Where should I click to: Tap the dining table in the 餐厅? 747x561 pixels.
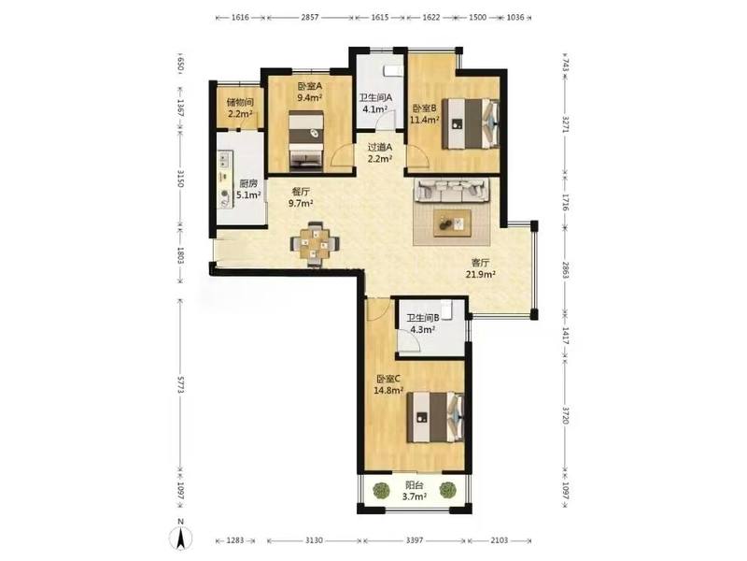[x=315, y=243]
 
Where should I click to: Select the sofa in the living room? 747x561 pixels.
[x=452, y=190]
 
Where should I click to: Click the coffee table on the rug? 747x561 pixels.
[x=452, y=223]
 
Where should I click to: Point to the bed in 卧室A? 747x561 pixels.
[x=307, y=140]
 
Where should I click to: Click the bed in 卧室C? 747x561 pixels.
[x=435, y=417]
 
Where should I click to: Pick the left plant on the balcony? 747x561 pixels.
[x=381, y=490]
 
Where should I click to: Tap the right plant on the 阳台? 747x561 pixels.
[x=447, y=490]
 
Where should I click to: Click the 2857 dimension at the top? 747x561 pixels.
[x=309, y=17]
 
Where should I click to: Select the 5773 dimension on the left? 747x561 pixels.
[x=180, y=384]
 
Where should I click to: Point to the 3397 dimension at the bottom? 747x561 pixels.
[x=414, y=540]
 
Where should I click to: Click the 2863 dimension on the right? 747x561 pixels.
[x=565, y=270]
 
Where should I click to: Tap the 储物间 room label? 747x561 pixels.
[x=240, y=102]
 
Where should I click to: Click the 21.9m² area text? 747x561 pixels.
[x=481, y=274]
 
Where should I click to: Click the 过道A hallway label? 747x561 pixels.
[x=380, y=148]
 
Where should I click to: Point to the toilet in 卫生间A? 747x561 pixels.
[x=393, y=71]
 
